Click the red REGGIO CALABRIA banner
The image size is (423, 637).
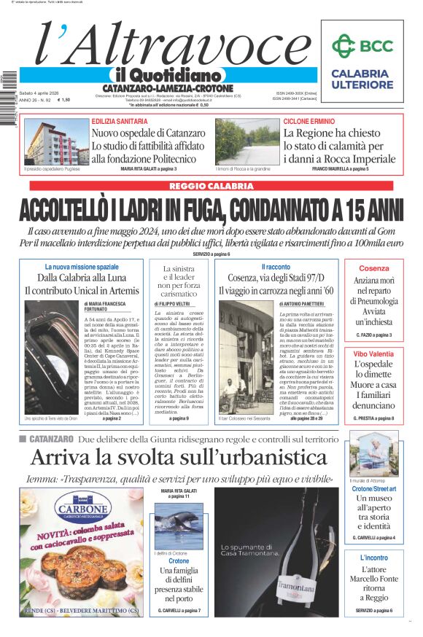pyautogui.click(x=211, y=187)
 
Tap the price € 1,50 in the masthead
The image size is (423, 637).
pyautogui.click(x=63, y=100)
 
